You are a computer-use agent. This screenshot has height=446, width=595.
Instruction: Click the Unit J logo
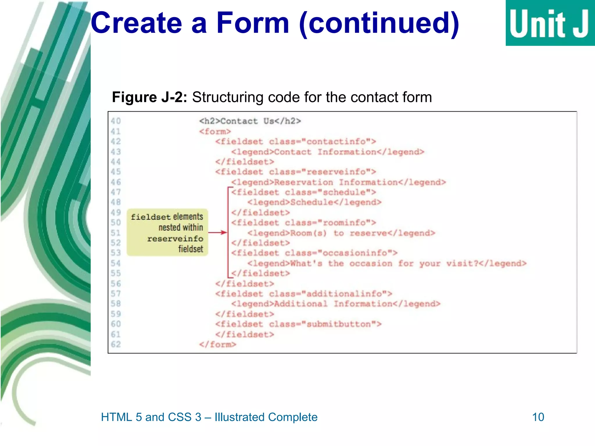[x=550, y=23]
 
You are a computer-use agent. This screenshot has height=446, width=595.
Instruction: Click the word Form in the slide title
[x=253, y=23]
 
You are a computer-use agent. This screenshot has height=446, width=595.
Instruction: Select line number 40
[x=116, y=121]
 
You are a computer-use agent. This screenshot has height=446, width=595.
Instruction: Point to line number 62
[x=116, y=344]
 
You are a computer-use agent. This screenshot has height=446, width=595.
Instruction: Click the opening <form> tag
[x=215, y=132]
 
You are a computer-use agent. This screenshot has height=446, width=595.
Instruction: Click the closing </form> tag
[x=218, y=345]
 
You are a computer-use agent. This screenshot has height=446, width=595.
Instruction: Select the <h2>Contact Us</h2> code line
[x=250, y=121]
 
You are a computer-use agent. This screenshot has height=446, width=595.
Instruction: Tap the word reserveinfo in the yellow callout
[x=175, y=239]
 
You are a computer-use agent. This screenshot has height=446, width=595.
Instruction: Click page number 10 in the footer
[x=538, y=417]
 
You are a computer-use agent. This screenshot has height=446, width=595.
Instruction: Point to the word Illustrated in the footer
[x=240, y=417]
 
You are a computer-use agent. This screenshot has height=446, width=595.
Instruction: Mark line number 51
[x=116, y=233]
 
